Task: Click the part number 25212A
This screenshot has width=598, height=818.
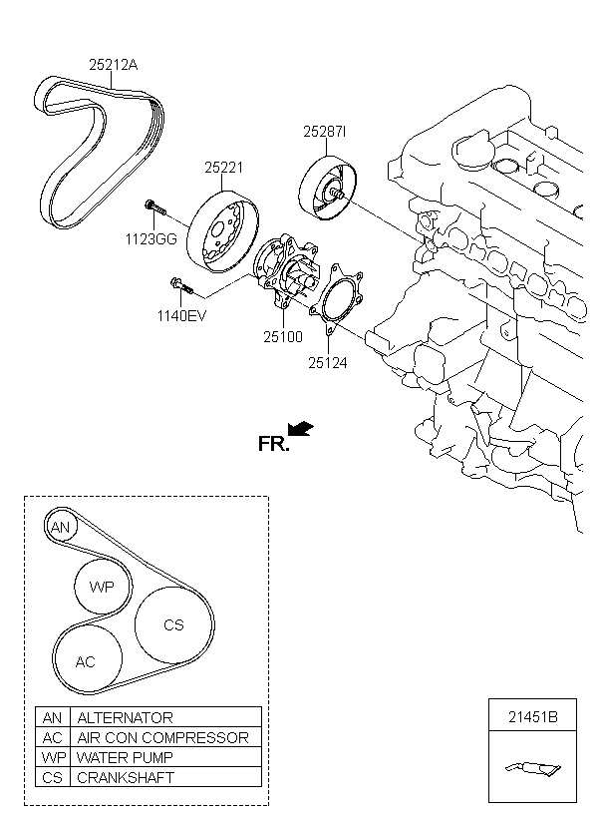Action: [x=114, y=65]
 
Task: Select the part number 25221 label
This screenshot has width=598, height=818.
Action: [x=224, y=170]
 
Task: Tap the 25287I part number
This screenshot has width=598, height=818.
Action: [x=325, y=132]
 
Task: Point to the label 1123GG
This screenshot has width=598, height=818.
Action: [x=151, y=238]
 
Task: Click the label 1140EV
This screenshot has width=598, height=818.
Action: [x=180, y=317]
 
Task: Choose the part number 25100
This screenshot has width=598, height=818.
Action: [x=283, y=337]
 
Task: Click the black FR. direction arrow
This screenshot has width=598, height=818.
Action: [x=301, y=429]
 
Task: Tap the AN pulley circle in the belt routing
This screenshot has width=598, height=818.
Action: [x=61, y=527]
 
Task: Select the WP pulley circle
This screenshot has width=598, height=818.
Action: [x=103, y=587]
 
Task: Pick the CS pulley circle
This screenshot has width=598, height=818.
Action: [x=173, y=625]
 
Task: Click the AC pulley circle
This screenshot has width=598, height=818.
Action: [x=86, y=661]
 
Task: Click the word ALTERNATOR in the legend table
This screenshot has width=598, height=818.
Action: [x=126, y=717]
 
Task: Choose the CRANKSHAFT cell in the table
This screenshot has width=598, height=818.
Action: [x=126, y=777]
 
